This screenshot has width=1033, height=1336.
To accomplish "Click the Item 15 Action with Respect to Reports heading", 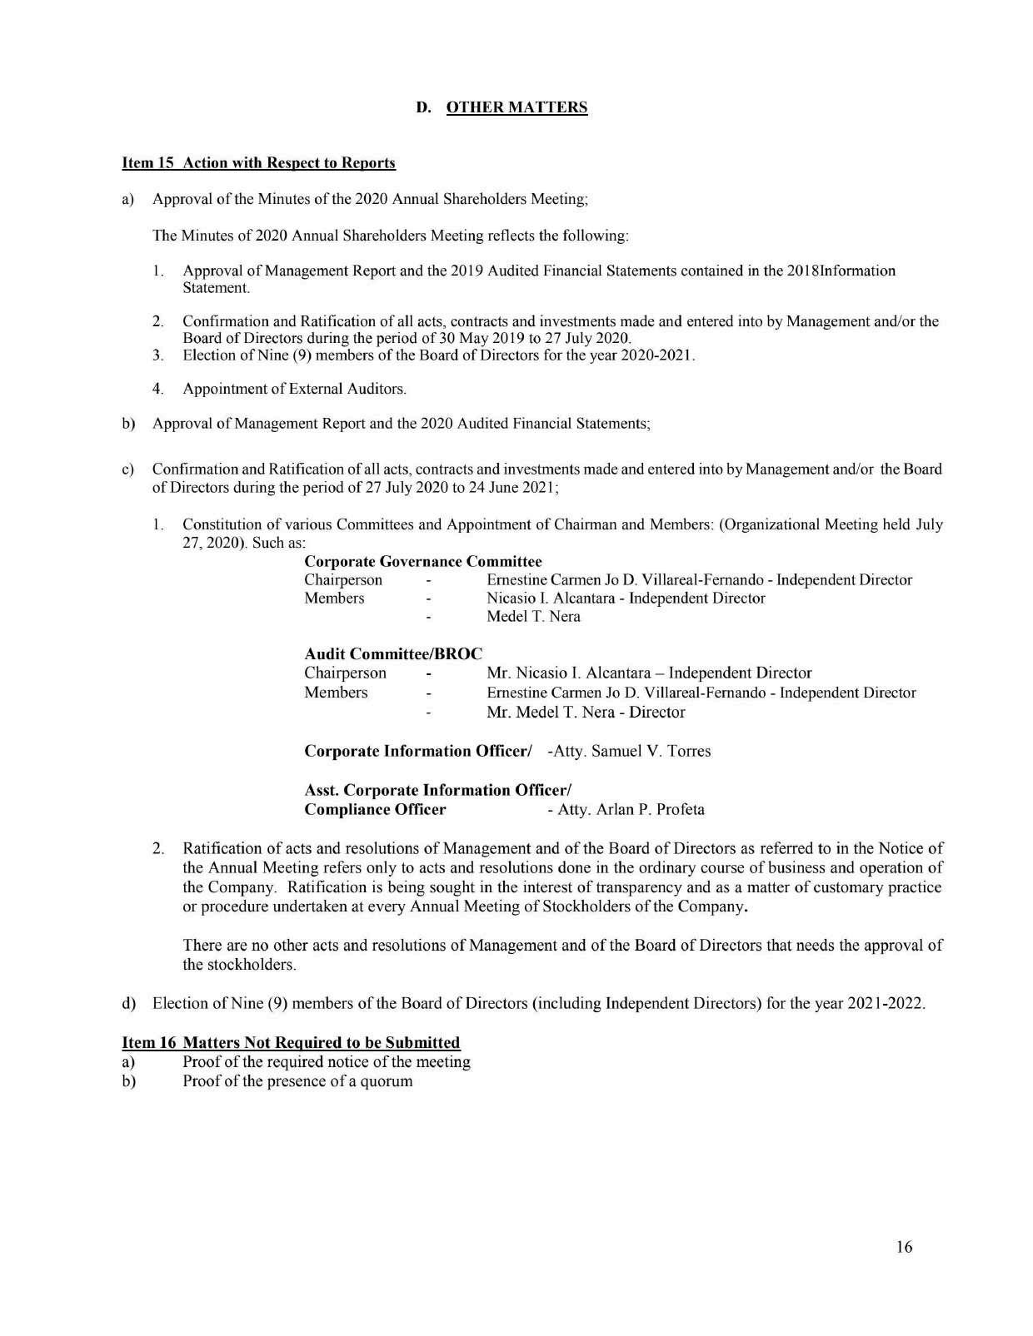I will [258, 162].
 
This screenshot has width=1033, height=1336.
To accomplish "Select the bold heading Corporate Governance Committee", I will [423, 562].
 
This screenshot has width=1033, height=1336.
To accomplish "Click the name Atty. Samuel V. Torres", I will [630, 751].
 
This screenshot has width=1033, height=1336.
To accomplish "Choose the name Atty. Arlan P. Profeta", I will [626, 809].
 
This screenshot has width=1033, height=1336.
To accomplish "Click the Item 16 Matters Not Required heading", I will [291, 1042].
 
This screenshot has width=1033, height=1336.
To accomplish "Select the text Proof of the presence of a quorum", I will [297, 1081].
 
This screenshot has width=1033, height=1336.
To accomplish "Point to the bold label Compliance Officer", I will [375, 809].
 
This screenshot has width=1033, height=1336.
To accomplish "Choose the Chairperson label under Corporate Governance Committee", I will [343, 580].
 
